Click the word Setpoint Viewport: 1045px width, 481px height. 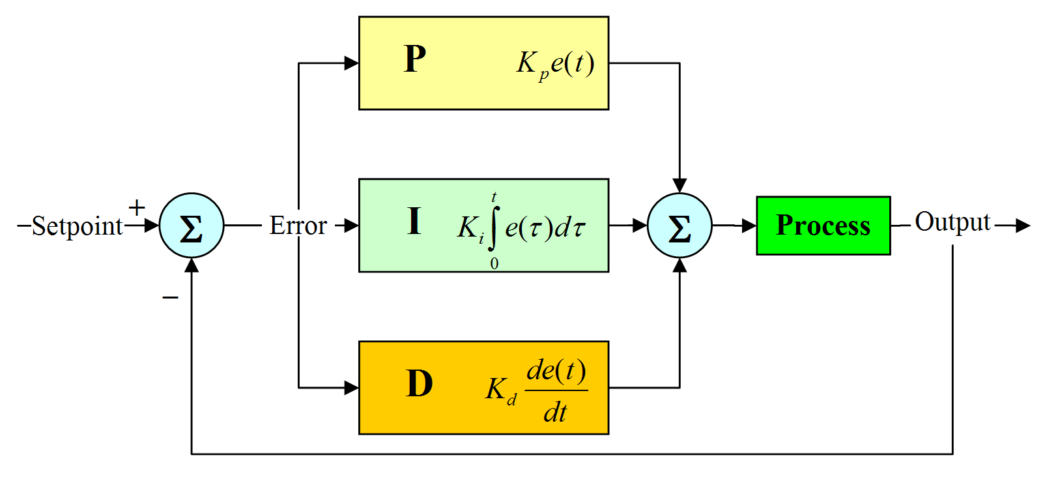coord(77,226)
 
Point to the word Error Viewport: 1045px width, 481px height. coord(298,226)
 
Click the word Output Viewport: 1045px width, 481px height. coord(952,222)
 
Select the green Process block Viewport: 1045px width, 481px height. coord(823,226)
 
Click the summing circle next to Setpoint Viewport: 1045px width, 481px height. coord(191,226)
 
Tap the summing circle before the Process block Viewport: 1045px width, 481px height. coord(679,226)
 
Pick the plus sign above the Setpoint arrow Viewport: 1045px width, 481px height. coord(137,208)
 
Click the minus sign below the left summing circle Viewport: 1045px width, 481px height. coord(170,297)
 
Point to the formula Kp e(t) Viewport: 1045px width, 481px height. coord(555,64)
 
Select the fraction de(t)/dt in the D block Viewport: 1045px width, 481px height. coord(556,390)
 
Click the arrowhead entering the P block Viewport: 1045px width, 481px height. coord(352,63)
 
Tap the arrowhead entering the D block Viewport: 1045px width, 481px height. coord(352,388)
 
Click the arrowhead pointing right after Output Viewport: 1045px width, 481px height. coord(1023,226)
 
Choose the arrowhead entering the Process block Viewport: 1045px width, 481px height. coord(749,226)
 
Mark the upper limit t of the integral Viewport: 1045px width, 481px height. coord(494,197)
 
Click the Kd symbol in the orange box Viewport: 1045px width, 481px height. coord(500,390)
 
